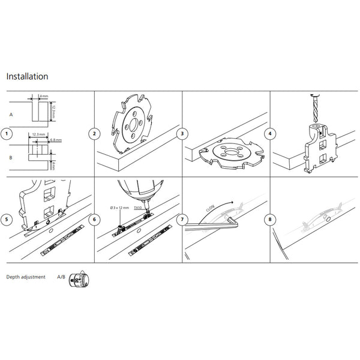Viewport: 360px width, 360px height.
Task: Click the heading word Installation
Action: pyautogui.click(x=27, y=77)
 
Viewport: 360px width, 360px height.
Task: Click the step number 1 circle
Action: pyautogui.click(x=7, y=133)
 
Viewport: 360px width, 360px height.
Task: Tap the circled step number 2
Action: pyautogui.click(x=94, y=133)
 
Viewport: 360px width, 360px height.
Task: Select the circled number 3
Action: pyautogui.click(x=182, y=133)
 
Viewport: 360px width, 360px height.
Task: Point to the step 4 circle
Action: pyautogui.click(x=271, y=133)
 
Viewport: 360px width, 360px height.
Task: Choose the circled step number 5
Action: pyautogui.click(x=7, y=219)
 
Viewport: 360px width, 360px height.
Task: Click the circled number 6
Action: pyautogui.click(x=94, y=219)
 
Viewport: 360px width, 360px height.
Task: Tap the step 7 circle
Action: pyautogui.click(x=182, y=219)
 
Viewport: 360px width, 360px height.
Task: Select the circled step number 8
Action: pyautogui.click(x=271, y=219)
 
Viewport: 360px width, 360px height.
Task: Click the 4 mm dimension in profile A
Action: pyautogui.click(x=44, y=96)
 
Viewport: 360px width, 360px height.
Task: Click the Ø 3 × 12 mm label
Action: pyautogui.click(x=120, y=208)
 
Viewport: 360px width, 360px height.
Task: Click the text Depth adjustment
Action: pyautogui.click(x=26, y=278)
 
